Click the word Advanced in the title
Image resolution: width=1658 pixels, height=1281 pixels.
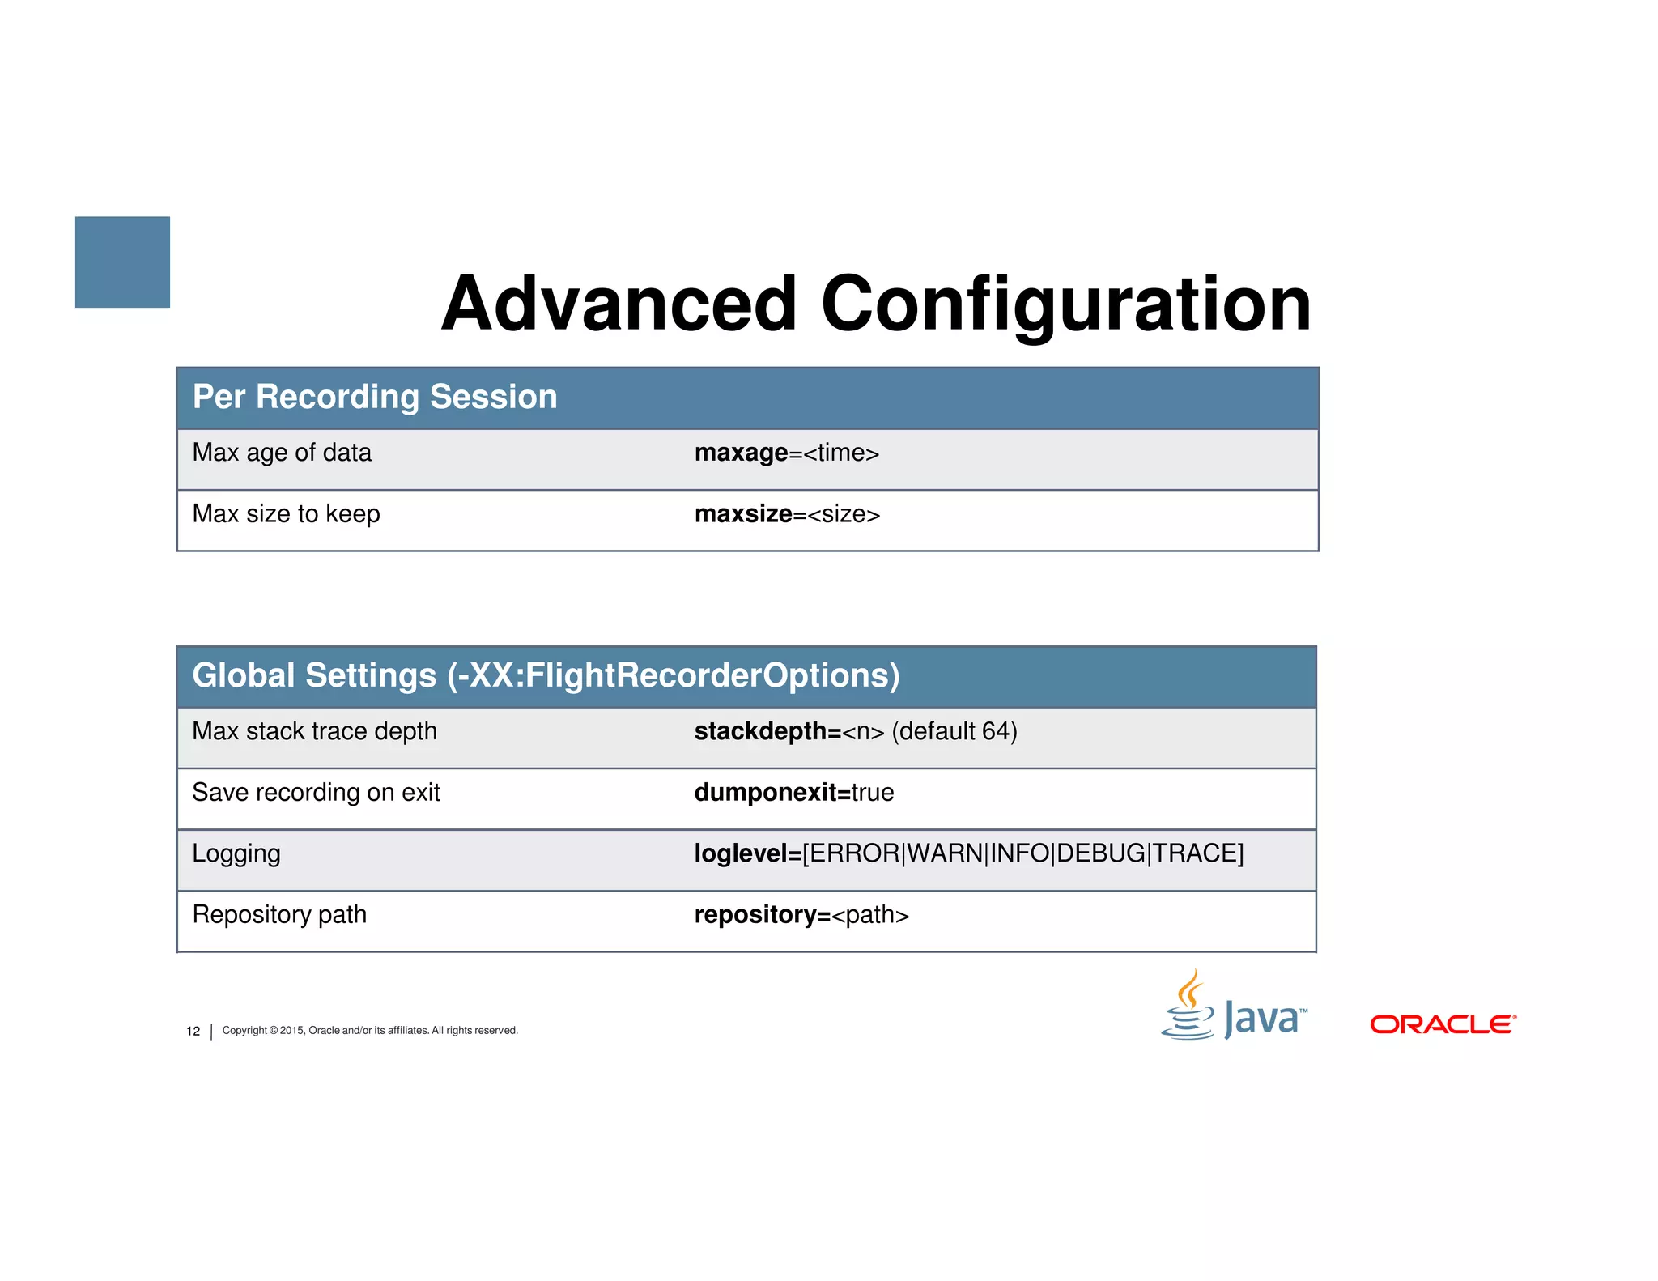tap(619, 304)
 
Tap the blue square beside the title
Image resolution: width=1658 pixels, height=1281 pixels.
tap(122, 262)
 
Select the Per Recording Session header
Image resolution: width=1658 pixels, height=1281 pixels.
tap(375, 397)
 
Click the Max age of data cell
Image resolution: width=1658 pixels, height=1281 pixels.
tap(282, 453)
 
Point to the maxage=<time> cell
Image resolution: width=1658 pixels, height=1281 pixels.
tap(786, 453)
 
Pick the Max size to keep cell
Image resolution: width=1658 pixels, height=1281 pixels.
tap(286, 514)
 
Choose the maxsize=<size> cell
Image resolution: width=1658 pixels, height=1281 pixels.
tap(787, 514)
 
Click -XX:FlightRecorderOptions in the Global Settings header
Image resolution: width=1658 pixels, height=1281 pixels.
tap(672, 675)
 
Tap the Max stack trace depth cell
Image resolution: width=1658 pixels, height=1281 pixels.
tap(314, 731)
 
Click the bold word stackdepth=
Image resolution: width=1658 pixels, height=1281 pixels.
tap(767, 731)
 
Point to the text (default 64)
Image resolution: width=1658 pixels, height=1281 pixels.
tap(954, 731)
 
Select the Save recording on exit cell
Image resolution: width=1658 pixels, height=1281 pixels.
tap(316, 792)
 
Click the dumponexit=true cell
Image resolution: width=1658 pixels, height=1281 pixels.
tap(793, 792)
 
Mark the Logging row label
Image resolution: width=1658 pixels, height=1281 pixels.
tap(236, 853)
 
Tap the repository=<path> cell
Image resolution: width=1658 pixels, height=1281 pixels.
tap(801, 915)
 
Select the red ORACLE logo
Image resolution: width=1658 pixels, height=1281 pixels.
tap(1443, 1024)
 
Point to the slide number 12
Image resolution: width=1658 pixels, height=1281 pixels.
tap(193, 1031)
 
